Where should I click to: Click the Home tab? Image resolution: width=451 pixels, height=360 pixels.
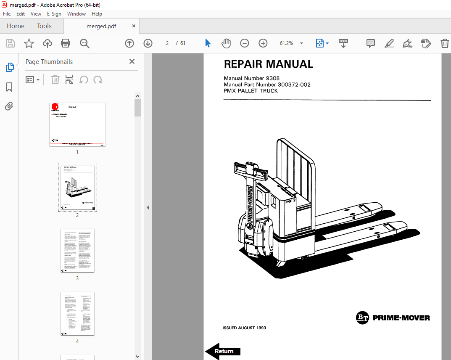point(16,26)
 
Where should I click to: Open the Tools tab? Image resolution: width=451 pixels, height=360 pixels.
point(44,26)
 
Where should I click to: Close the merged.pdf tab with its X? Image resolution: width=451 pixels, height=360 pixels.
point(134,26)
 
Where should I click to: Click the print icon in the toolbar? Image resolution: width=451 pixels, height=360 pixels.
point(66,43)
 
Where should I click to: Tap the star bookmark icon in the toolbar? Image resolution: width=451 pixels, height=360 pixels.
point(29,43)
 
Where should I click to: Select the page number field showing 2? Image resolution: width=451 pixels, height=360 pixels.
point(167,43)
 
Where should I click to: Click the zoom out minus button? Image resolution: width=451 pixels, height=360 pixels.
point(245,43)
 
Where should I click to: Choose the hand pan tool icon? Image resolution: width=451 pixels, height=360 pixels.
point(226,43)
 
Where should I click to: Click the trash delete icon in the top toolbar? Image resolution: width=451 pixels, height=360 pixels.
point(445,43)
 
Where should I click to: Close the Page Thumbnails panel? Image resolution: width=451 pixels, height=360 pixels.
point(132,61)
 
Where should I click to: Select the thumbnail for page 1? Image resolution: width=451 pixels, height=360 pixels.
point(77,124)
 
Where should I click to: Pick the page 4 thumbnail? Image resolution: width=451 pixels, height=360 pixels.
point(77,314)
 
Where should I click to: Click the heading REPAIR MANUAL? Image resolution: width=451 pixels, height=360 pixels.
point(268,64)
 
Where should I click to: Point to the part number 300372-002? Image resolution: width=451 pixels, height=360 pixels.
point(294,85)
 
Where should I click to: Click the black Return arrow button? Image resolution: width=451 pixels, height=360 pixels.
point(223,351)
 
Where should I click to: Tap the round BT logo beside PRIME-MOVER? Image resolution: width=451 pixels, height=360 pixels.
point(362,318)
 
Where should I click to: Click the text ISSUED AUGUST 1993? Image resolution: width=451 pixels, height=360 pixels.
point(244,328)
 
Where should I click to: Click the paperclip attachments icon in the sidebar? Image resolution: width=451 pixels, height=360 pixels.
point(9,106)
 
